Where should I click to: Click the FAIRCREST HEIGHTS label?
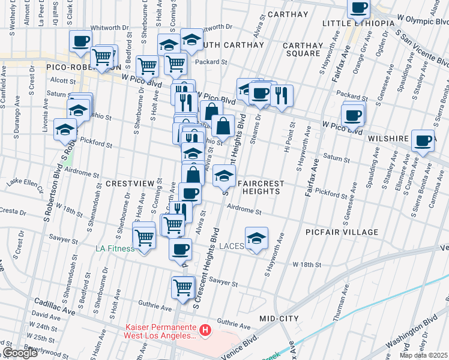point(258,187)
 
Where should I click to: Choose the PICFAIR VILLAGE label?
point(342,232)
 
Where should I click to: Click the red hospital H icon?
point(205,330)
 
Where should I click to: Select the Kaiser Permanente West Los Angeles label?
point(160,331)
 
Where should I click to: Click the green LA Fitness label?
point(116,248)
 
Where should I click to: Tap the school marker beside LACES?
point(256,238)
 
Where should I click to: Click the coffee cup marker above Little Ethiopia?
point(359,8)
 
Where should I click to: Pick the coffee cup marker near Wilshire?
point(424,140)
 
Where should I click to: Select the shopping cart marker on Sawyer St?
point(183,287)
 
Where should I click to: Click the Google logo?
point(20,353)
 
